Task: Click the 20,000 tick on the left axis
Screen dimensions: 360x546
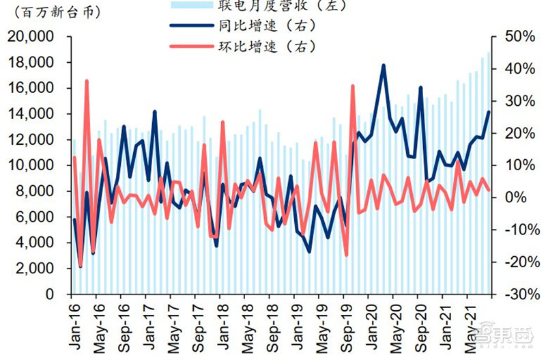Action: pyautogui.click(x=33, y=37)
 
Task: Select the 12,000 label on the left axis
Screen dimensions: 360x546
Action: pyautogui.click(x=33, y=139)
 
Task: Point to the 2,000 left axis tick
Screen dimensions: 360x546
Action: pyautogui.click(x=38, y=268)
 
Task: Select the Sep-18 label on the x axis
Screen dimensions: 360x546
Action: pyautogui.click(x=272, y=327)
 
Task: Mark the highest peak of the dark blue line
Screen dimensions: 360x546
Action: pyautogui.click(x=384, y=66)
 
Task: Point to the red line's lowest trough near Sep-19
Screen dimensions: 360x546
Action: pyautogui.click(x=346, y=255)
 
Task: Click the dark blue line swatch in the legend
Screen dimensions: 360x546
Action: pyautogui.click(x=190, y=27)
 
